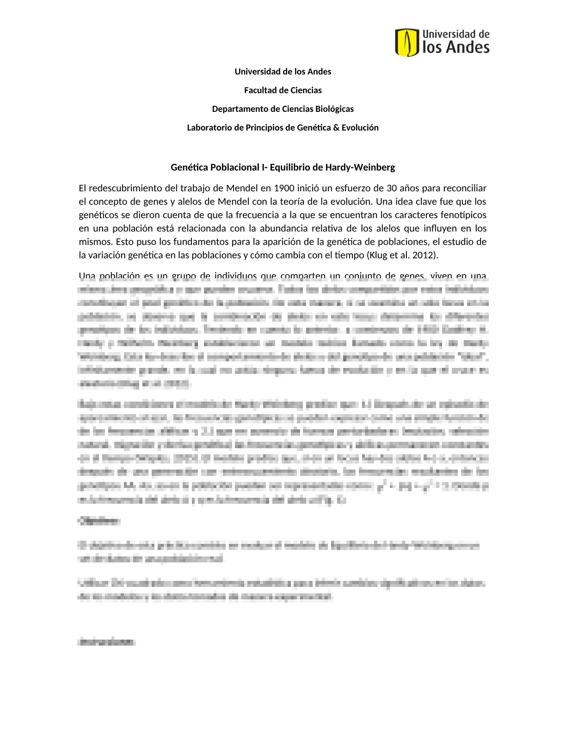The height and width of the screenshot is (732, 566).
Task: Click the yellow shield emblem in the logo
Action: coord(407,42)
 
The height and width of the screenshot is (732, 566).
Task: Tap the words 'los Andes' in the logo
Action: coord(455,47)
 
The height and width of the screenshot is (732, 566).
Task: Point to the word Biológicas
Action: coord(334,109)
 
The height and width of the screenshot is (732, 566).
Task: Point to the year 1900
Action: coord(284,188)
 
